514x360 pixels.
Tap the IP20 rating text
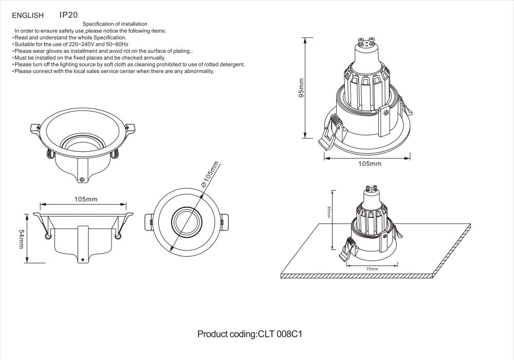(x=68, y=15)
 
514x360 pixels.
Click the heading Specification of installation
(x=115, y=24)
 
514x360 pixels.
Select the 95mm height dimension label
(x=302, y=87)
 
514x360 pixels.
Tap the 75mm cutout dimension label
(x=372, y=269)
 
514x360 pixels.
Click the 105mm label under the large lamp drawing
(x=370, y=164)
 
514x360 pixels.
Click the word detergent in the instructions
(x=230, y=65)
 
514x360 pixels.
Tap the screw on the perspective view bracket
(x=82, y=179)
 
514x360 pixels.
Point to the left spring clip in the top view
(x=148, y=222)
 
